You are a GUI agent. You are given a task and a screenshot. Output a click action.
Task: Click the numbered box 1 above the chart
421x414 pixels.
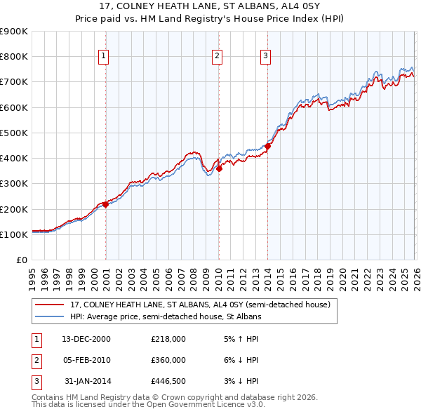coord(104,56)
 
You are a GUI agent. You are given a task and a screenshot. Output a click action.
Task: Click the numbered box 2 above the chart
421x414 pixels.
coord(218,56)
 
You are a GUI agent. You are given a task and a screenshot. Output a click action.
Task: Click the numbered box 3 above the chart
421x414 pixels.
coord(267,56)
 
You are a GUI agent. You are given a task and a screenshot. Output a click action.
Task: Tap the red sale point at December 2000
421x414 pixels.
coord(105,204)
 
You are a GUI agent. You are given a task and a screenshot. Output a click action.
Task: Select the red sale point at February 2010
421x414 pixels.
coord(219,168)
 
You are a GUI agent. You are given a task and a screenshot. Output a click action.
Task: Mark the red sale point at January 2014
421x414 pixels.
coord(267,146)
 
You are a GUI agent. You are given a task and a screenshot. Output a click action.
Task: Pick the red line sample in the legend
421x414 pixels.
coord(50,305)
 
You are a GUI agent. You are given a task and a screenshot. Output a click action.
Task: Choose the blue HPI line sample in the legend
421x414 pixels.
coord(50,317)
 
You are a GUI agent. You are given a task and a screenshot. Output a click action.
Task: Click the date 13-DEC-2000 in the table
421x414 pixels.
coord(86,339)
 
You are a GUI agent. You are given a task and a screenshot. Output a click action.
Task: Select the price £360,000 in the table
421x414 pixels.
coord(168,360)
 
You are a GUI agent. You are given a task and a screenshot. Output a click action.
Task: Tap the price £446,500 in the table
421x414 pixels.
coord(168,381)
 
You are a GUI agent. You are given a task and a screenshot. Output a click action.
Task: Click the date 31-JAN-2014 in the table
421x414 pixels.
coord(87,381)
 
